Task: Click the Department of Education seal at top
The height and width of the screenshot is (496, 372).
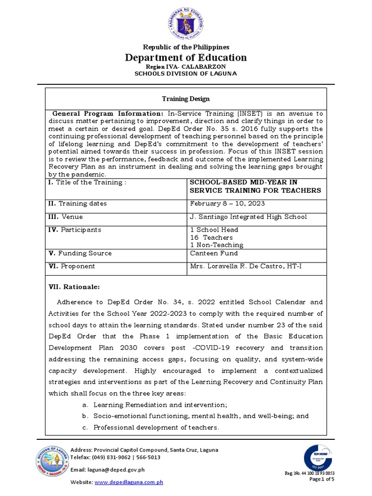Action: [x=186, y=24]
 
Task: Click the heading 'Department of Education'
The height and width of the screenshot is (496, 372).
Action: [x=186, y=58]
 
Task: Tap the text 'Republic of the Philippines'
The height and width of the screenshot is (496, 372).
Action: [x=186, y=47]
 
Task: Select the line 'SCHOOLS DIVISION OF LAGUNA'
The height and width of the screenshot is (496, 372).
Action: [x=186, y=73]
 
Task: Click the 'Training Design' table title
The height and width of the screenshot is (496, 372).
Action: [x=186, y=99]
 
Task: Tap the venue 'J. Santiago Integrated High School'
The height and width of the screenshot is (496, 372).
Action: [x=248, y=217]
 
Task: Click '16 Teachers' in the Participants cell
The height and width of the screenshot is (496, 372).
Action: [x=211, y=237]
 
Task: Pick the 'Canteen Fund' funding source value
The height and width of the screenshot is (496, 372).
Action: [x=212, y=253]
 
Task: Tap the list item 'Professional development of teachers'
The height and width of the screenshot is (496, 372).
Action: [x=156, y=428]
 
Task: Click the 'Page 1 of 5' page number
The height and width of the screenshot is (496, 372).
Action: [x=322, y=479]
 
